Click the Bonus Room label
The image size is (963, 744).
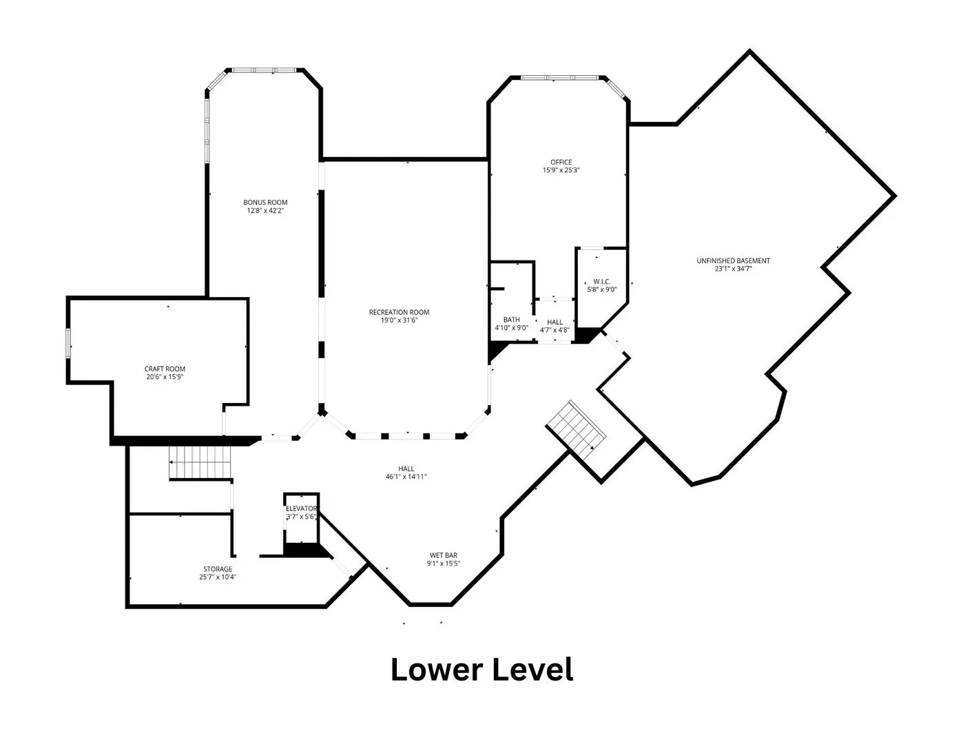point(265,202)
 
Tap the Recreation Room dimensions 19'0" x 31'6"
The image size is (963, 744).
point(399,320)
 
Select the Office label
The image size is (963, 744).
point(561,162)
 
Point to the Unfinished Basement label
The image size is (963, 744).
point(733,260)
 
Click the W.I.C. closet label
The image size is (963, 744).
point(602,281)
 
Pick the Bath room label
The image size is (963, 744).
point(511,320)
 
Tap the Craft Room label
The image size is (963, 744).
point(165,369)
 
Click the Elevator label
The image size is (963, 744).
point(301,508)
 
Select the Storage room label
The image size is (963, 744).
point(218,569)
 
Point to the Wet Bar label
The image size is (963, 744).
point(443,555)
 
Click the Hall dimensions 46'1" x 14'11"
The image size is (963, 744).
point(406,477)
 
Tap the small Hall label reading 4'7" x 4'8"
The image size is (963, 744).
point(555,330)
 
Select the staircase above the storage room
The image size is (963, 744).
point(200,462)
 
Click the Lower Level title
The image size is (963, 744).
point(482,670)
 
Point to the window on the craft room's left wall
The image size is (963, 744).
point(69,343)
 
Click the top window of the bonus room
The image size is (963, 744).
point(265,70)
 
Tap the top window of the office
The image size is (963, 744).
point(560,78)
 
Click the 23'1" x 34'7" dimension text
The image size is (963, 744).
point(733,269)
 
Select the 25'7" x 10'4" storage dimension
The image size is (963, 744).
point(218,577)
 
